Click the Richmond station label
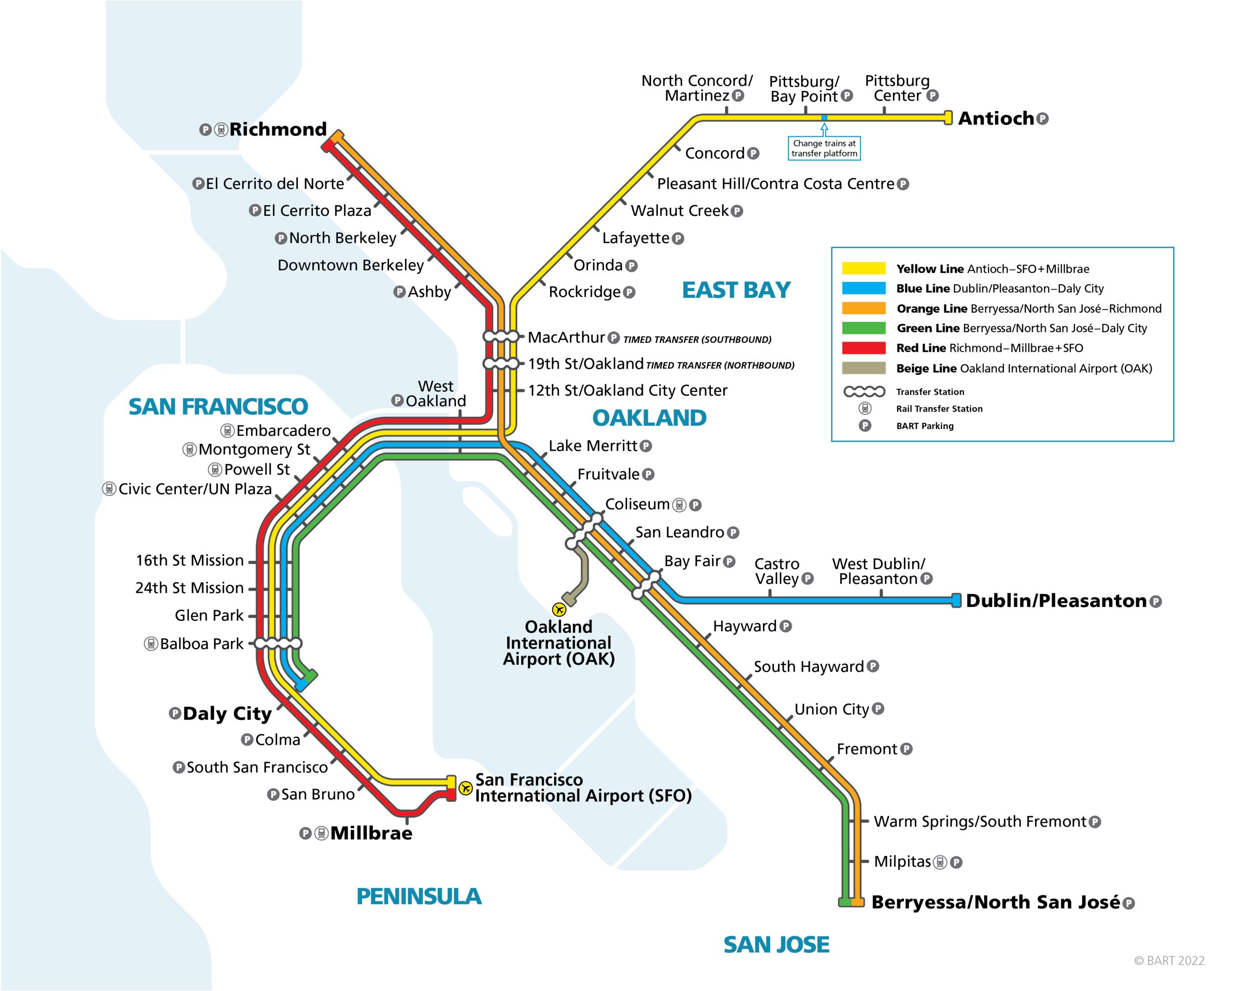pos(278,129)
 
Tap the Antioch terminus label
pos(996,119)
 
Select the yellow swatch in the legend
pos(864,268)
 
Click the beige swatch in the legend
pos(864,368)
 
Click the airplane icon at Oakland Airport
pos(559,609)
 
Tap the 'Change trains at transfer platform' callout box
pos(824,148)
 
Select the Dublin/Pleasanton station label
pos(1057,601)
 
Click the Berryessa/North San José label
pos(996,902)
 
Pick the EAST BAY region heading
pos(737,290)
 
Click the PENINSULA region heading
pos(419,897)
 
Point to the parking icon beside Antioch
pos(1043,119)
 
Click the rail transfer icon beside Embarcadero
pos(227,430)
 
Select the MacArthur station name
pos(566,337)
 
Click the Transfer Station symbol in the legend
pos(864,391)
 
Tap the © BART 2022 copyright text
pos(1169,961)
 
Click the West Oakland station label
pos(436,394)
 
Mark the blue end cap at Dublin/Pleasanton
pos(956,601)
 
